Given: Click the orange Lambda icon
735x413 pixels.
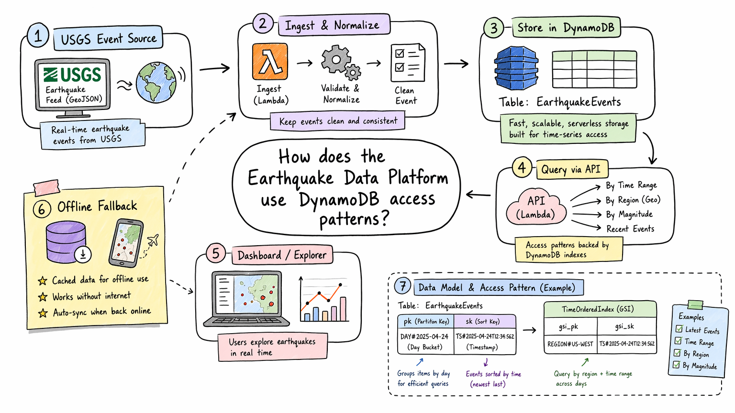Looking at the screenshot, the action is pyautogui.click(x=270, y=62).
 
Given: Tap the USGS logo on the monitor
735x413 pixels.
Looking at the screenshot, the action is pyautogui.click(x=72, y=75).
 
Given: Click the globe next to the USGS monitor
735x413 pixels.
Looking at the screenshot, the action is pyautogui.click(x=156, y=82).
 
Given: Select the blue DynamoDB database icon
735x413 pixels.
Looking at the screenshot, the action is pyautogui.click(x=516, y=68).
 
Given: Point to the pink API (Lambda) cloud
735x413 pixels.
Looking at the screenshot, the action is pyautogui.click(x=536, y=206).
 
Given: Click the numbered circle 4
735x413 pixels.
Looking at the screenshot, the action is pyautogui.click(x=522, y=167).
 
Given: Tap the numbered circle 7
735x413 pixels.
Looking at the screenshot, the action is pyautogui.click(x=402, y=286).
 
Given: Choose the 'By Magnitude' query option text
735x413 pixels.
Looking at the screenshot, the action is pyautogui.click(x=629, y=214).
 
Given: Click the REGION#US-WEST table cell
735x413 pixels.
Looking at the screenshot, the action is pyautogui.click(x=570, y=344).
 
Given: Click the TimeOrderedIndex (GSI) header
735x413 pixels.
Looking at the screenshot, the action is pyautogui.click(x=600, y=309).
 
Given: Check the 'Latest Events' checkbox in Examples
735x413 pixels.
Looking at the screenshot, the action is pyautogui.click(x=679, y=329).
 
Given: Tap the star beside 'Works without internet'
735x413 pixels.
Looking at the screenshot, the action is pyautogui.click(x=42, y=297).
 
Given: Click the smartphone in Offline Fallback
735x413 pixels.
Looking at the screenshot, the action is pyautogui.click(x=126, y=243).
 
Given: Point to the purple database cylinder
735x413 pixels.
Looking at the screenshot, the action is pyautogui.click(x=67, y=242).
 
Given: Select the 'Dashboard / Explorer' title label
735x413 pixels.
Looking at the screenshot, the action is pyautogui.click(x=282, y=255).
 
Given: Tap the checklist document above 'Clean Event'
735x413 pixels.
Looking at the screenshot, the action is pyautogui.click(x=408, y=63).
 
